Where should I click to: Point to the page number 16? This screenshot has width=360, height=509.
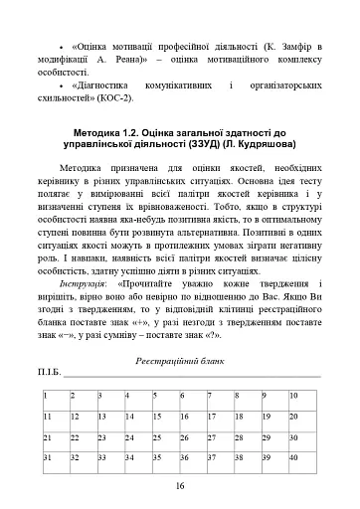[180, 486]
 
